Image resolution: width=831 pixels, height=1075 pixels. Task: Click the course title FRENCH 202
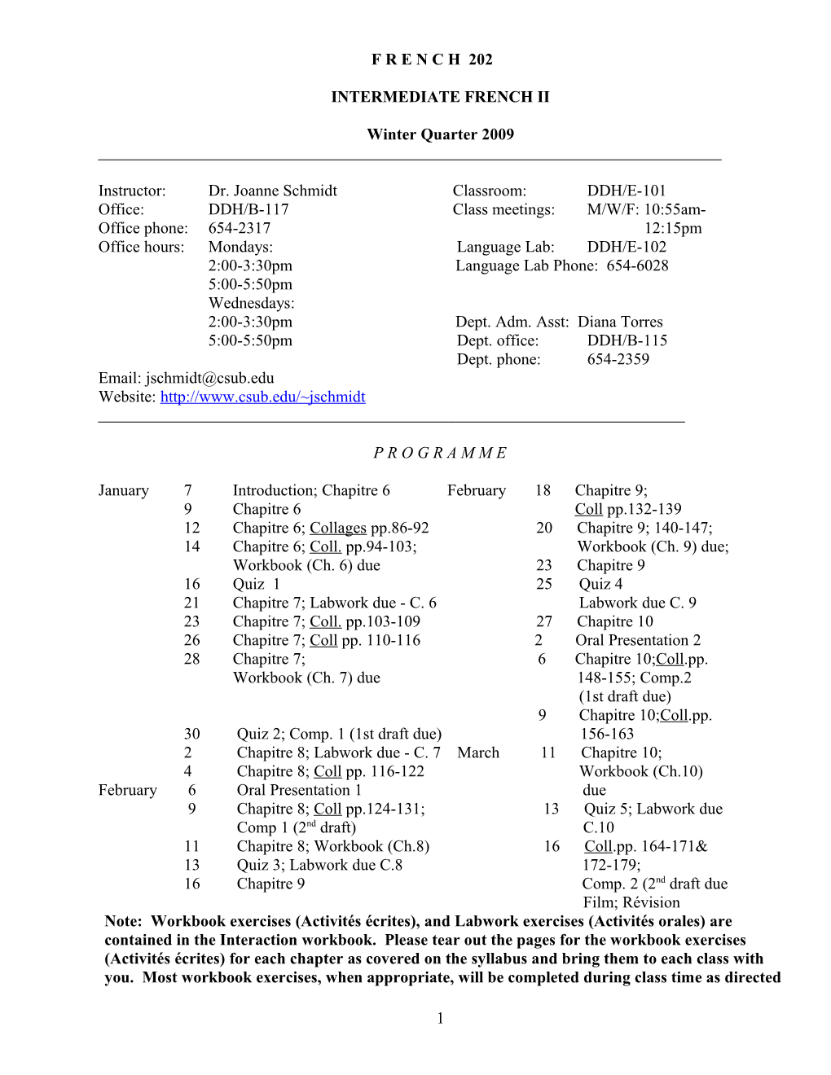pyautogui.click(x=432, y=59)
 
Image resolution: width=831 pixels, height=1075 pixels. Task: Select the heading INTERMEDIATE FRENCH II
pyautogui.click(x=440, y=97)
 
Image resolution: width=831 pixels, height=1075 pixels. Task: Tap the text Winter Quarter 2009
pyautogui.click(x=440, y=134)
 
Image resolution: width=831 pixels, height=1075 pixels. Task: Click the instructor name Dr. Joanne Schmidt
pyautogui.click(x=272, y=191)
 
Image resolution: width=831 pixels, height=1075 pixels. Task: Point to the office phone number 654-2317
pyautogui.click(x=240, y=228)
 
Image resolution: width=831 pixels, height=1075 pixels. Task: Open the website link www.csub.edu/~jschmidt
pyautogui.click(x=262, y=397)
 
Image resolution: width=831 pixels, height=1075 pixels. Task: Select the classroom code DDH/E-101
pyautogui.click(x=627, y=191)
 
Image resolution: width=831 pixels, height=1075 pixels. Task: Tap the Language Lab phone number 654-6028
pyautogui.click(x=637, y=265)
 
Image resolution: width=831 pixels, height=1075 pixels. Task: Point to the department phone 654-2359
pyautogui.click(x=618, y=359)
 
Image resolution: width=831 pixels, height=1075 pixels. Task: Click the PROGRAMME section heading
pyautogui.click(x=440, y=453)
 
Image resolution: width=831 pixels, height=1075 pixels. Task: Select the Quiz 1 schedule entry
pyautogui.click(x=256, y=584)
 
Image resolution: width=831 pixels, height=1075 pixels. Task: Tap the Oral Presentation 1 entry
pyautogui.click(x=299, y=790)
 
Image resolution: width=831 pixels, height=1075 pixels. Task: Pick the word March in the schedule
pyautogui.click(x=478, y=752)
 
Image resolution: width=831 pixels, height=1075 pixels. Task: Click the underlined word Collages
pyautogui.click(x=338, y=528)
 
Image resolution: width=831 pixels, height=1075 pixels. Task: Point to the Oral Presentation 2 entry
pyautogui.click(x=638, y=640)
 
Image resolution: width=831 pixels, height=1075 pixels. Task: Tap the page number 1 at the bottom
pyautogui.click(x=440, y=1018)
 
